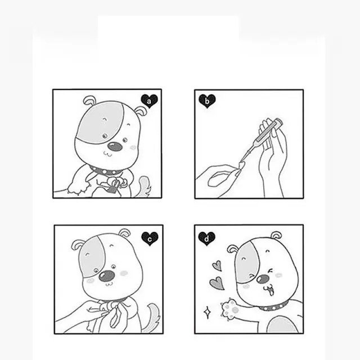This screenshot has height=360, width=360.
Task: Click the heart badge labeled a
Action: coord(149,101)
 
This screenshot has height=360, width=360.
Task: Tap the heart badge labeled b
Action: coord(207,101)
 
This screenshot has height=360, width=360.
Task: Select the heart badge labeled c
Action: coord(150,238)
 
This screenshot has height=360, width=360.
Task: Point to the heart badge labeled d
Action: coord(206,238)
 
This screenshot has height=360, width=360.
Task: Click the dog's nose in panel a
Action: coord(115,146)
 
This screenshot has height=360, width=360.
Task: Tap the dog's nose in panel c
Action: coord(106,276)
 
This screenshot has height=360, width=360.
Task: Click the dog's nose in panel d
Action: coord(263,279)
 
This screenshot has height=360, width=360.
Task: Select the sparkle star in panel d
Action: coord(208,312)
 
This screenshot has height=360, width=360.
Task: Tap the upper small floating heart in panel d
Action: coord(217,266)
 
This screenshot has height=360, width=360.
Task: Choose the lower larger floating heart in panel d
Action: coord(217,283)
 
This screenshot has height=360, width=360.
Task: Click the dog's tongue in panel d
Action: coord(271,292)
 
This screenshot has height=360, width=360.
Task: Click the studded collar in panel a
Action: coord(105,171)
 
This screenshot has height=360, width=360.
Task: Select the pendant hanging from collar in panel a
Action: coord(114,186)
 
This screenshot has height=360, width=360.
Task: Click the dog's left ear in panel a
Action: coord(89,101)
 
